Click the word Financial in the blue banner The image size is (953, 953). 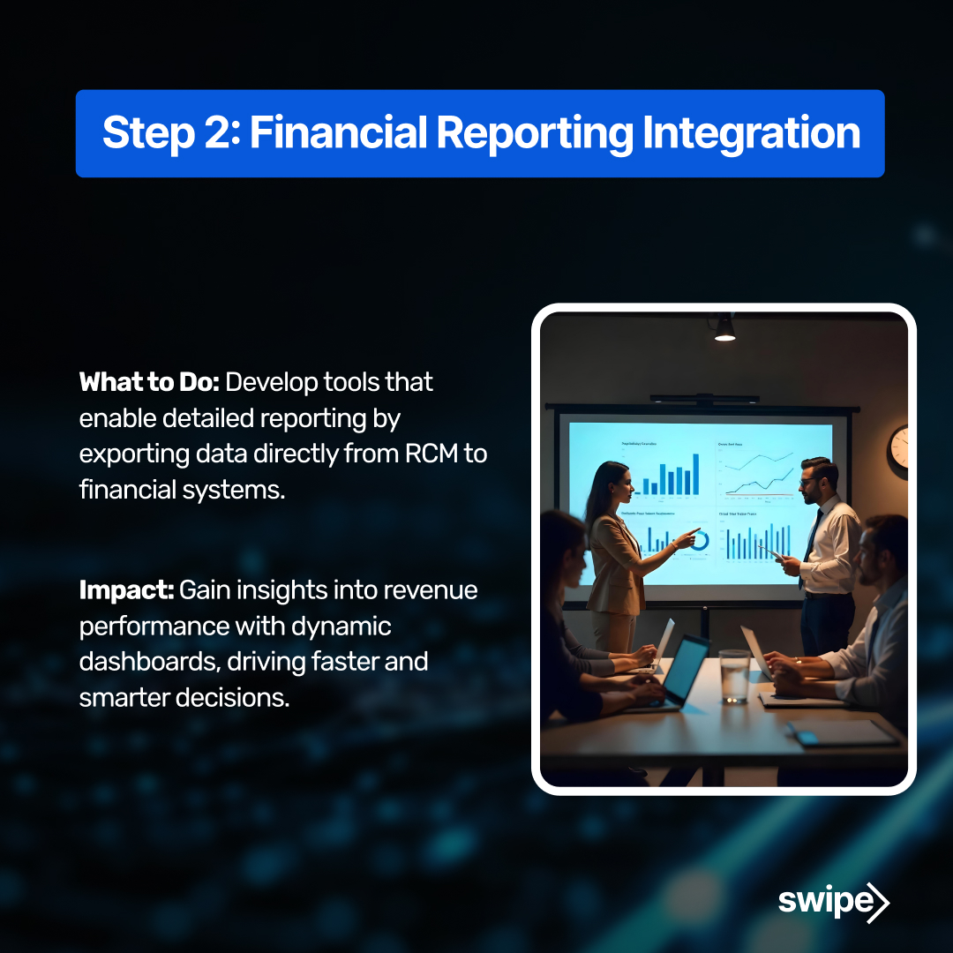click(339, 133)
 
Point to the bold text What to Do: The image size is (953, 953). click(149, 382)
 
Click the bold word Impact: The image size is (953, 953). click(127, 590)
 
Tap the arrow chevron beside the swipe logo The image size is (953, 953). click(879, 902)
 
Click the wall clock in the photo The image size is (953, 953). click(898, 447)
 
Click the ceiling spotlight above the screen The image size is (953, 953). click(724, 328)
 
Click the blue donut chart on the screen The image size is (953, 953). click(699, 541)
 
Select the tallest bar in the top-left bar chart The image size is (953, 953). click(695, 473)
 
